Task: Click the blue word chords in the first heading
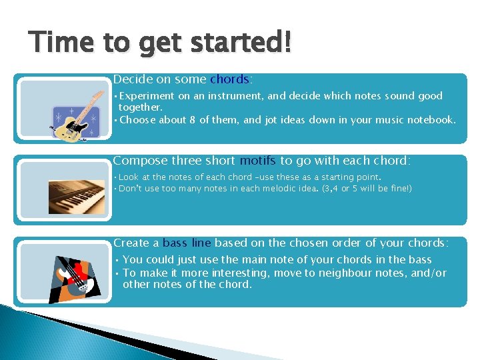click(x=229, y=79)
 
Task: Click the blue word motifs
click(x=258, y=161)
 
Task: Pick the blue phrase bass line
click(x=187, y=243)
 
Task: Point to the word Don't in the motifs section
click(x=131, y=189)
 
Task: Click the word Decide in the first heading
click(x=133, y=79)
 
